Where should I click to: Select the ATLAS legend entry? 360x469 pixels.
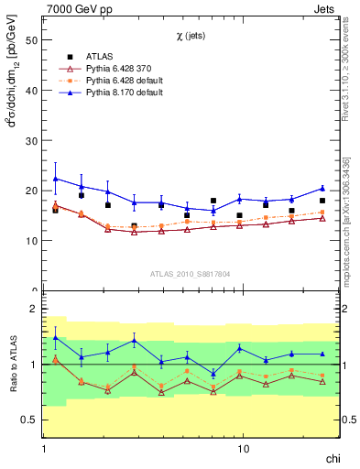[x=100, y=57]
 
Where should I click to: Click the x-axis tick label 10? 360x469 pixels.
[x=243, y=451]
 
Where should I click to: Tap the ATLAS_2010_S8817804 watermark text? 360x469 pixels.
[x=191, y=273]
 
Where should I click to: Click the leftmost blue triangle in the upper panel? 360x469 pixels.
[x=56, y=179]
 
